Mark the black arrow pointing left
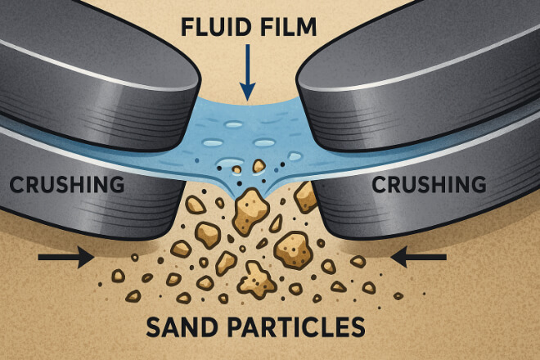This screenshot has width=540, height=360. coord(418,259)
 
